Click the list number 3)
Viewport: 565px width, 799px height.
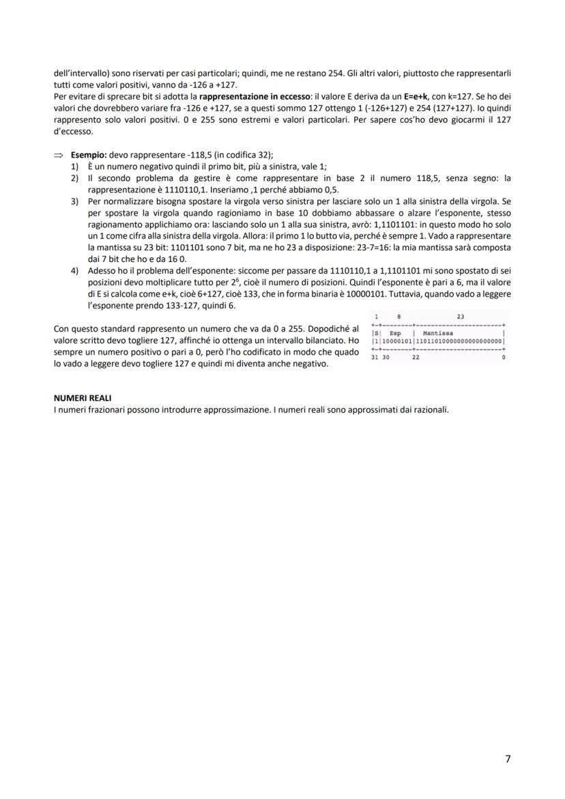click(x=75, y=203)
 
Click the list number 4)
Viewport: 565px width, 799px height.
click(x=75, y=270)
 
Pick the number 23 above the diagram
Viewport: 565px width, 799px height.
click(x=461, y=317)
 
